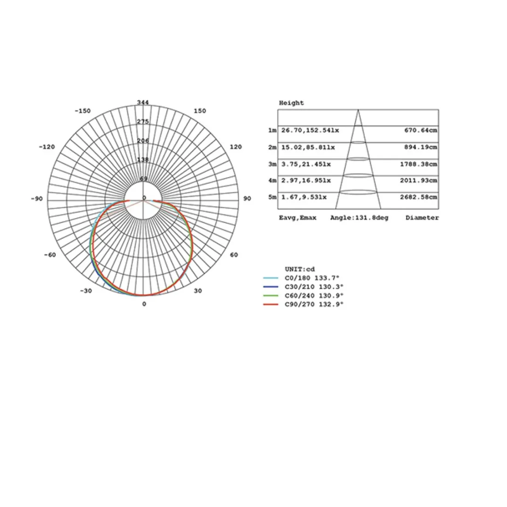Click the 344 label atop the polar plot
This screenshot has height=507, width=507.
pos(143,102)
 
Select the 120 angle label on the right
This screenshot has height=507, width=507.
pos(236,147)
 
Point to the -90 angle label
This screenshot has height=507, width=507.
pos(36,199)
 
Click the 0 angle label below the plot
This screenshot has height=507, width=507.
pos(144,304)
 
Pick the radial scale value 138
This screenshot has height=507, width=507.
pos(143,159)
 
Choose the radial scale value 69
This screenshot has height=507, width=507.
pos(143,179)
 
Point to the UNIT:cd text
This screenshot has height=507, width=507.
pos(300,269)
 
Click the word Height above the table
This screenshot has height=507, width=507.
pos(291,103)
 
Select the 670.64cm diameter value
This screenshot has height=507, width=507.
pos(420,130)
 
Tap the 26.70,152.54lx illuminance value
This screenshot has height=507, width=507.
pos(310,130)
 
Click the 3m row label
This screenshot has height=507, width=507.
pos(272,164)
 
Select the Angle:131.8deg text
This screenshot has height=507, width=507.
pos(359,218)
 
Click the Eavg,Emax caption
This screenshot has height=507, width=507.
pos(297,218)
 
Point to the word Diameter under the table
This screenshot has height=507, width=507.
pos(422,218)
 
